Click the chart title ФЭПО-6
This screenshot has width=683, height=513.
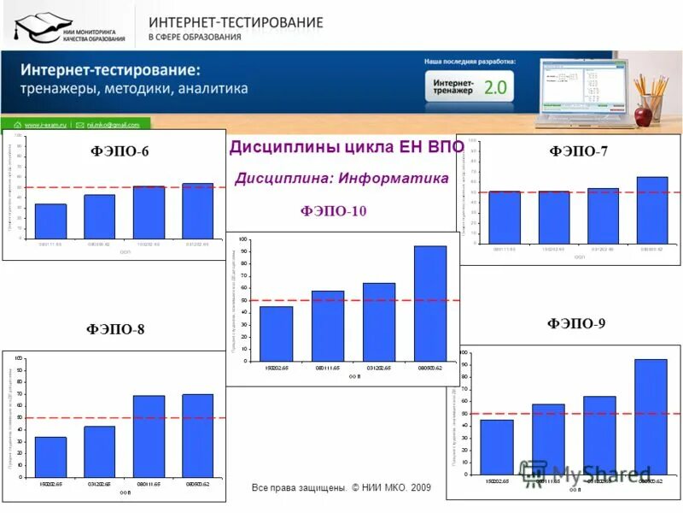120,151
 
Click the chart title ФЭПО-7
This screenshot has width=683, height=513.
578,151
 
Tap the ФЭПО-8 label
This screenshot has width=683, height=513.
115,329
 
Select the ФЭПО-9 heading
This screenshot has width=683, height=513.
576,323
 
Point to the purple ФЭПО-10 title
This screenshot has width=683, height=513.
333,211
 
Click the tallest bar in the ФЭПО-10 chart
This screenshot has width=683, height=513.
430,303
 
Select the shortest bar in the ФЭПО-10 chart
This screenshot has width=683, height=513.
277,333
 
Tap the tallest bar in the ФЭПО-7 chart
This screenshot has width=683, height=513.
652,209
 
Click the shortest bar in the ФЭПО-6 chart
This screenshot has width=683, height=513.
50,221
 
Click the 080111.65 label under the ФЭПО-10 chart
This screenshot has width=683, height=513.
327,368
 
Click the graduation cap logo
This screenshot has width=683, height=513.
38,27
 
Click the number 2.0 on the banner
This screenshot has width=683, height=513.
495,86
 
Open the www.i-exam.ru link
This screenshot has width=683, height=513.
46,124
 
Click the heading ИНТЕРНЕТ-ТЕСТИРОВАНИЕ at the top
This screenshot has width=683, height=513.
236,21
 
